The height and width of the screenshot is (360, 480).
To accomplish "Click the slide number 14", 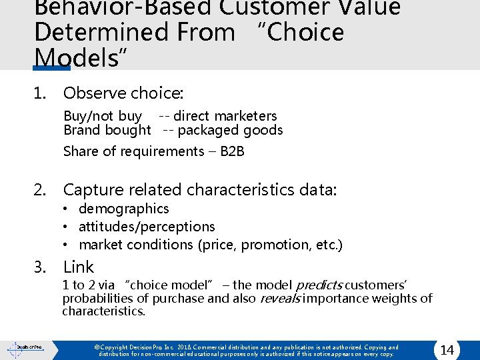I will click(x=447, y=350).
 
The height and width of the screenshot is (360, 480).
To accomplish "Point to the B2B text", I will click(x=232, y=151).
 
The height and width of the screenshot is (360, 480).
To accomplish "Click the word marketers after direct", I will click(x=246, y=116).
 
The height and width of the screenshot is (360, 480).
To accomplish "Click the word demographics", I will click(x=123, y=209).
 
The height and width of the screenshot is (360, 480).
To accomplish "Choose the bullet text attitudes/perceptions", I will click(x=147, y=227).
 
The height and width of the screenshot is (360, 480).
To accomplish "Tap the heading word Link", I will click(x=79, y=267).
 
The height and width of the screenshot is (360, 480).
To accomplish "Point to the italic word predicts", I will click(x=324, y=285).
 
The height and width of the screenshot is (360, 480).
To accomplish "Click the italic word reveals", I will click(x=279, y=298).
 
